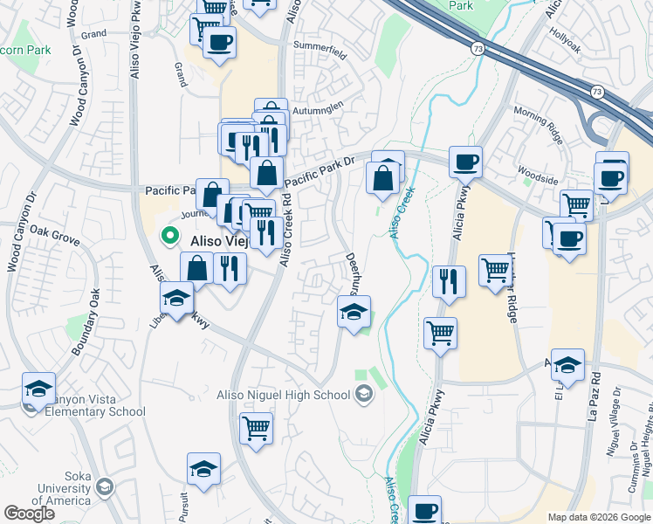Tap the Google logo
click(x=29, y=514)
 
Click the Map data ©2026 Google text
click(x=599, y=517)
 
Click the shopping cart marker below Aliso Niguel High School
click(x=256, y=428)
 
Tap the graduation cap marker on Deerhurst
click(x=354, y=312)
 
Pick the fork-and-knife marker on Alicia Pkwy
click(x=448, y=281)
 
